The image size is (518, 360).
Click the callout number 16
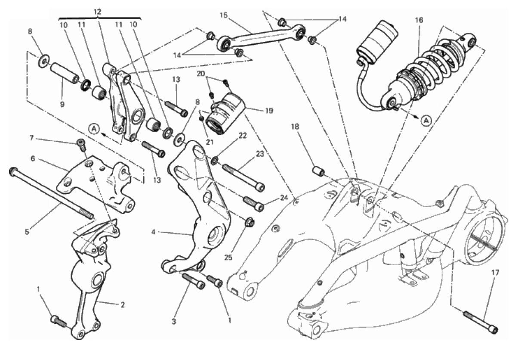click(x=419, y=20)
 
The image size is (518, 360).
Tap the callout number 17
click(x=496, y=273)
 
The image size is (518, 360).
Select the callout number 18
click(x=295, y=127)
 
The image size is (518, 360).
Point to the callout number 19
click(x=269, y=111)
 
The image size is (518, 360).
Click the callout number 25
click(x=228, y=258)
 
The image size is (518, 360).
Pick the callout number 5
click(x=27, y=232)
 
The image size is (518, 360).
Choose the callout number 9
click(x=62, y=105)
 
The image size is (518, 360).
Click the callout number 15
click(x=224, y=15)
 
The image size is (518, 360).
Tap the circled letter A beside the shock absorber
click(x=427, y=121)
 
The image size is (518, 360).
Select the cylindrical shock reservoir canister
click(x=376, y=42)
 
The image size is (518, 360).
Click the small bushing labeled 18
click(x=319, y=171)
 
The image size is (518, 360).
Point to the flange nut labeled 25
click(x=250, y=222)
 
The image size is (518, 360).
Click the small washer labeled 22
click(x=214, y=160)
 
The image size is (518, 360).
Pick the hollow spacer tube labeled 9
click(x=65, y=72)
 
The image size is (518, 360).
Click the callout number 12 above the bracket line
click(x=97, y=12)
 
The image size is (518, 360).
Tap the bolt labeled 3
click(x=193, y=281)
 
